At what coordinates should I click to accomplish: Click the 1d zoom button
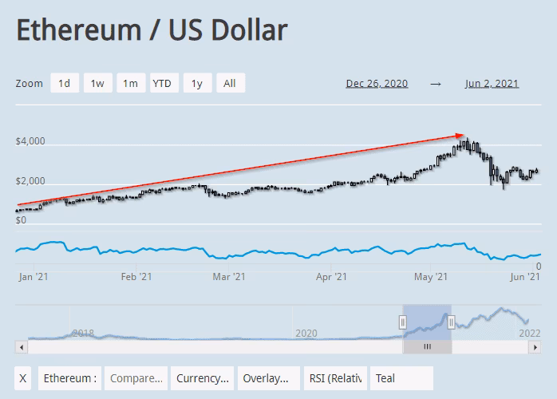[x=65, y=83]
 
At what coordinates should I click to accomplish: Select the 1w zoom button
[x=97, y=83]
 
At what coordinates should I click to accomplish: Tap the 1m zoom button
[x=129, y=83]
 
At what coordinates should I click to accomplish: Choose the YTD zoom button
[x=162, y=83]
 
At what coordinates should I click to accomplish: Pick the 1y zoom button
[x=196, y=83]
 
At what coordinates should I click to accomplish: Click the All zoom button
[x=230, y=83]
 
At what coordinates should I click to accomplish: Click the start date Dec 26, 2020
[x=377, y=83]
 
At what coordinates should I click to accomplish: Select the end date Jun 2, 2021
[x=492, y=83]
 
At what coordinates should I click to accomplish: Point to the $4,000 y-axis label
[x=30, y=142]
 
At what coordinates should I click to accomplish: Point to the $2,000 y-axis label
[x=30, y=183]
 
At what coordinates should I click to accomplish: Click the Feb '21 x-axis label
[x=136, y=277]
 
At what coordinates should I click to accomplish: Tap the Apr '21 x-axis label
[x=331, y=277]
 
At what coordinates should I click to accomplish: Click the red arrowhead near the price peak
[x=460, y=136]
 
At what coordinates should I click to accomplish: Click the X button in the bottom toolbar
[x=24, y=378]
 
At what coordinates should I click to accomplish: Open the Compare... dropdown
[x=136, y=378]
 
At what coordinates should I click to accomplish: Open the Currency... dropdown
[x=203, y=378]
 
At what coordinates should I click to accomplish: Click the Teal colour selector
[x=401, y=378]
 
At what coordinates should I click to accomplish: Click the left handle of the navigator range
[x=403, y=322]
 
